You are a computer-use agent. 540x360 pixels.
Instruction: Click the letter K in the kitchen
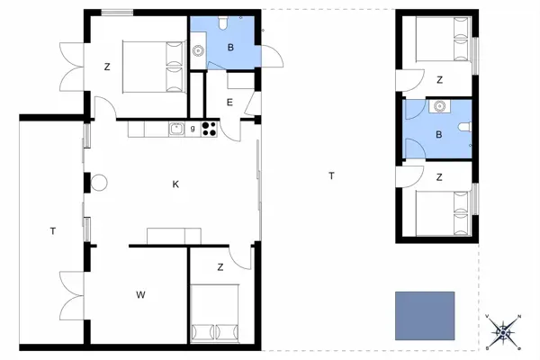[x=176, y=184]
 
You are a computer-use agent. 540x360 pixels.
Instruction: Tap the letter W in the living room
[x=140, y=294]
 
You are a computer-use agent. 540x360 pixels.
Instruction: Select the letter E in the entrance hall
[x=229, y=102]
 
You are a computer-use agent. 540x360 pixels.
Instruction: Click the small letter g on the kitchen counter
[x=193, y=129]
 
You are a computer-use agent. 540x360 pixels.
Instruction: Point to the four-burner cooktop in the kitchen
[x=210, y=130]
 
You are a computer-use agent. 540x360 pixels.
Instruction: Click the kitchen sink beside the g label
[x=177, y=130]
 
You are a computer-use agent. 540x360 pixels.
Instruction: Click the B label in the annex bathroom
[x=438, y=134]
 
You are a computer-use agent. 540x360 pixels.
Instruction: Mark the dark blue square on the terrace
[x=424, y=315]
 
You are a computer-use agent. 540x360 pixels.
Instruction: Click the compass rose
[x=504, y=332]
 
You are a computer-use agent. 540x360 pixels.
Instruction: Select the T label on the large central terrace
[x=331, y=175]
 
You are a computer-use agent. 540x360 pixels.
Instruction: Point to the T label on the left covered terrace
[x=52, y=231]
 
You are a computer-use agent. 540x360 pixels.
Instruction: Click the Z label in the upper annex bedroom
[x=439, y=80]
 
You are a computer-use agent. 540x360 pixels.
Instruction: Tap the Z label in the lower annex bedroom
[x=439, y=177]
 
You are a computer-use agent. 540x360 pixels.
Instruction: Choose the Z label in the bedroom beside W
[x=220, y=267]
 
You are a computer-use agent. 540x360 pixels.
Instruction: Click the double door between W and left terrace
[x=69, y=294]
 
